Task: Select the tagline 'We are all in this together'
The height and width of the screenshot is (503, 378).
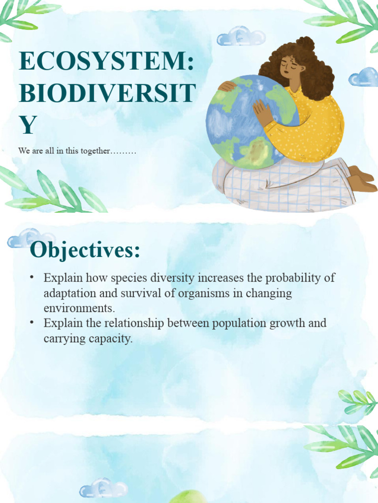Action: tap(77, 151)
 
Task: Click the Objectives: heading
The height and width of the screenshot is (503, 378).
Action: tap(85, 251)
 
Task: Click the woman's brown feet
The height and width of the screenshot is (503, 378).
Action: tap(362, 179)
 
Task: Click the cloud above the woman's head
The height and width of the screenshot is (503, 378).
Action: tap(241, 37)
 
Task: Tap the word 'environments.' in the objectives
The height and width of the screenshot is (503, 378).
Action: tap(79, 308)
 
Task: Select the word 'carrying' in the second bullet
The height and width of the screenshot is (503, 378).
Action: tap(63, 339)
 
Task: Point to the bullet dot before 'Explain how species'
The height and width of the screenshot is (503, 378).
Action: tap(32, 278)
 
